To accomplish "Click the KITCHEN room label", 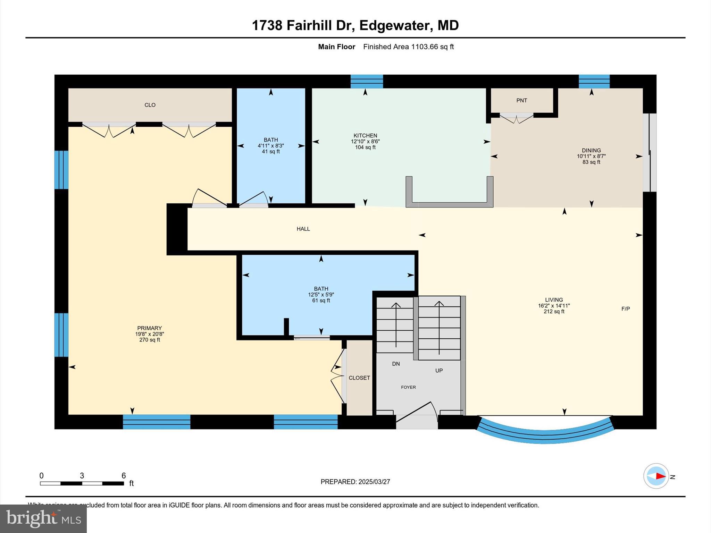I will coord(365,136).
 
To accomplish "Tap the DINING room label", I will coord(591,151).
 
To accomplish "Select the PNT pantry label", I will coord(521,101).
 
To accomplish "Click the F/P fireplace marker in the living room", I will coord(625,308).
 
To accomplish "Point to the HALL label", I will coord(303,229).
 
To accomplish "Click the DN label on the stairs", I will coord(396,364).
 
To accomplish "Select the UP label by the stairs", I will coord(439,371).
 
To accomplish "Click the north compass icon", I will coord(656,476).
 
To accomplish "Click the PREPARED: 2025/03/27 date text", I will coord(355,482).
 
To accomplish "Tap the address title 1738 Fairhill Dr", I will coord(355,25).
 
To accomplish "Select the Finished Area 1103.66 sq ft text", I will coord(408,47).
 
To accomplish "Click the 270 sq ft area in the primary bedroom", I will coord(149,340).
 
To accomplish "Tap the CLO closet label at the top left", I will coord(150,105).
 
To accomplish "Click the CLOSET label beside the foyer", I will coord(359,378).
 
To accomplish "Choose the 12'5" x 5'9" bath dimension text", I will coord(321,295).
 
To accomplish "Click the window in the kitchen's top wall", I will coord(367,82).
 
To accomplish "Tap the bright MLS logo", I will coord(43,518).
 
